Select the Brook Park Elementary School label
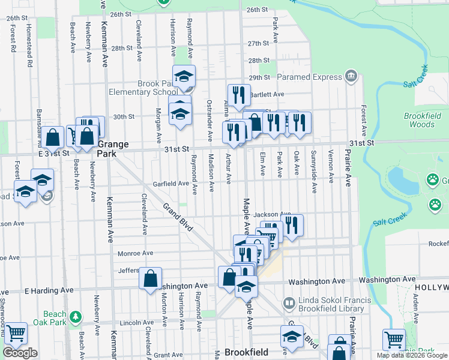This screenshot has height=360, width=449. point(142,88)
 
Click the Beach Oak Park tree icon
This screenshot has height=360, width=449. point(75,316)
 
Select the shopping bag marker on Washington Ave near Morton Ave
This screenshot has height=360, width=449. point(150,278)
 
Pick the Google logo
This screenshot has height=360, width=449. point(20,353)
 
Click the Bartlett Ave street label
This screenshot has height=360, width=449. point(267,94)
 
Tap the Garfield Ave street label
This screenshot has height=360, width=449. point(170,184)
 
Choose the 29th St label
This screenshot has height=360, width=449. point(259,77)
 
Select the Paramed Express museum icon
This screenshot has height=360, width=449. point(351,77)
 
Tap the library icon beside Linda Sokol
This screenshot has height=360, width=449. point(290,303)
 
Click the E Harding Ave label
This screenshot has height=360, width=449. point(49,290)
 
